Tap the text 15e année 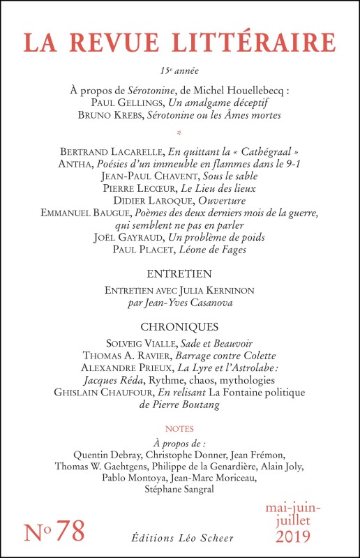(180, 70)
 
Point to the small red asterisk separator (180, 131)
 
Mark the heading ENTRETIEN (180, 273)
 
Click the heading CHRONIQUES (180, 326)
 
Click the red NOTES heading (180, 428)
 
